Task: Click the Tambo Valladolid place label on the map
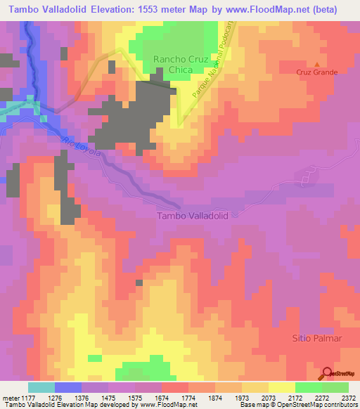point(193,216)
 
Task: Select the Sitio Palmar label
point(316,338)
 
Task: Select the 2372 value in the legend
point(348,396)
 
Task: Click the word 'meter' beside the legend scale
point(8,396)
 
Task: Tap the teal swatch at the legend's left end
point(41,387)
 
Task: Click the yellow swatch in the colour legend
point(281,387)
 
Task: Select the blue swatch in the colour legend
point(68,387)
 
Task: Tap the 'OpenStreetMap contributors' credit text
point(321,405)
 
